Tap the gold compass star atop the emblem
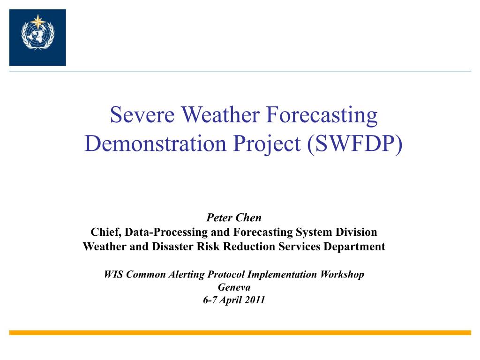tap(37, 22)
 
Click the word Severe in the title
tap(142, 115)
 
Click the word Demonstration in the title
tap(155, 143)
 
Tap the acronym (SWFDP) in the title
tap(355, 144)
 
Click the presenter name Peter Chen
tap(234, 217)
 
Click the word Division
tap(356, 232)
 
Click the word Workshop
tap(342, 275)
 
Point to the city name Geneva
tap(234, 287)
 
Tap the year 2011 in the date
tap(255, 300)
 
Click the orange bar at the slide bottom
tap(240, 333)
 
